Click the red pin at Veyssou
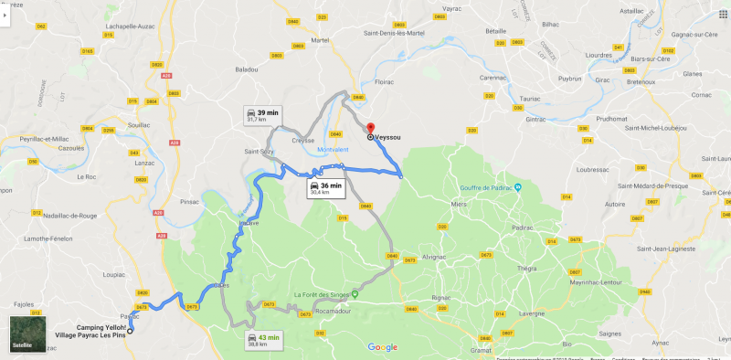370,129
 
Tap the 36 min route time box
325,189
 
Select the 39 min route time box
262,115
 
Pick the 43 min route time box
262,340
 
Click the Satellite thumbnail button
27,334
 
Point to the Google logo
382,347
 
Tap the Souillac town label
140,125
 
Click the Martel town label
320,41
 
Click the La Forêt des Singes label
320,294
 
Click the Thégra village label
528,269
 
